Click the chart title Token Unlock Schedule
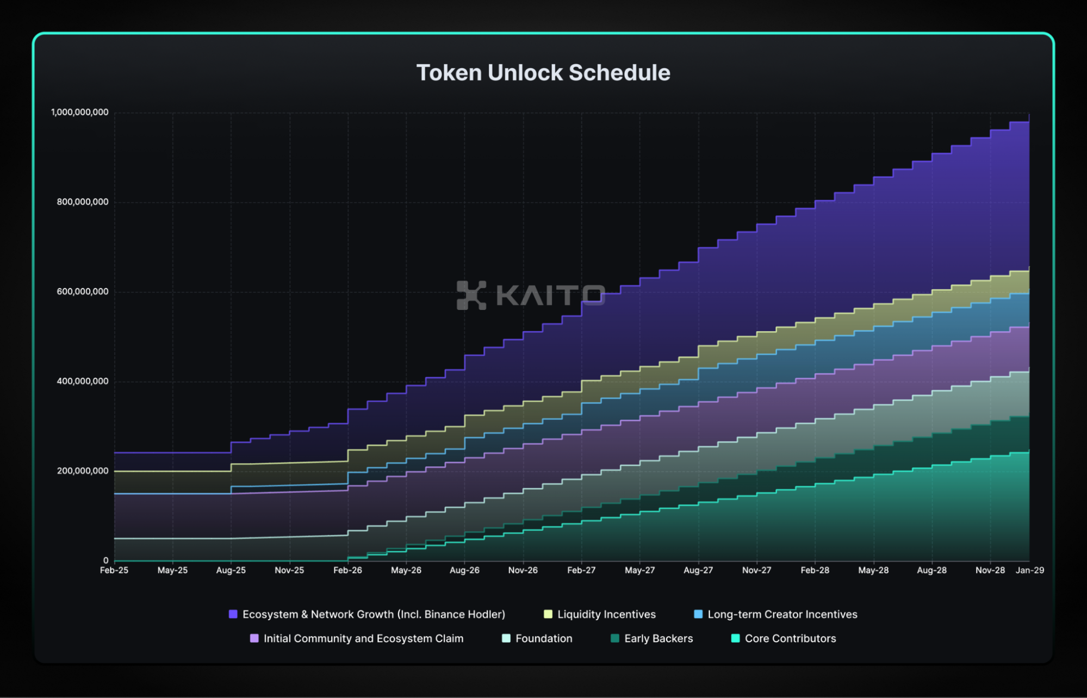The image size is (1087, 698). pyautogui.click(x=543, y=73)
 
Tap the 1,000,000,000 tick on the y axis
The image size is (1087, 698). pyautogui.click(x=80, y=113)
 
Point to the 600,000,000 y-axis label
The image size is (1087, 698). pyautogui.click(x=83, y=292)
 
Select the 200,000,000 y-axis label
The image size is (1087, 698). pyautogui.click(x=83, y=471)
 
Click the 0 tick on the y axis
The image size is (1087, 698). pyautogui.click(x=106, y=560)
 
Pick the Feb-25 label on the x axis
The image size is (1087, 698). pyautogui.click(x=114, y=570)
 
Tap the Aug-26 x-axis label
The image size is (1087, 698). pyautogui.click(x=464, y=570)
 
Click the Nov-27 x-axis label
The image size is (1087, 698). pyautogui.click(x=756, y=570)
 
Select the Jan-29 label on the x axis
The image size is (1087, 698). pyautogui.click(x=1030, y=570)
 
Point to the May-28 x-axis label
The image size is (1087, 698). pyautogui.click(x=873, y=570)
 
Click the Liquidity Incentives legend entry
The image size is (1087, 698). pyautogui.click(x=606, y=614)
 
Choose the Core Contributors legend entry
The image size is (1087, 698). pyautogui.click(x=790, y=639)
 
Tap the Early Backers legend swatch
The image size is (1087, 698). pyautogui.click(x=615, y=639)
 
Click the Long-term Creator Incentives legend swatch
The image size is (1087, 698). pyautogui.click(x=698, y=614)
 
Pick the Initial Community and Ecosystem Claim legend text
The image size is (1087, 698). pyautogui.click(x=363, y=639)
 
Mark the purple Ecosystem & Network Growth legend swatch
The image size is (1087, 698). pyautogui.click(x=233, y=614)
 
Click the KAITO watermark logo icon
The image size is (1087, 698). pyautogui.click(x=471, y=295)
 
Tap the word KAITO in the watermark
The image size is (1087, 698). pyautogui.click(x=550, y=295)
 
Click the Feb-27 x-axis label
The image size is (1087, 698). pyautogui.click(x=581, y=570)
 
